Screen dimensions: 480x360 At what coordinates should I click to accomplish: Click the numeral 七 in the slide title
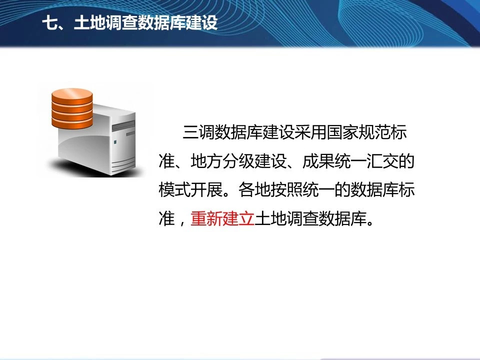click(x=49, y=23)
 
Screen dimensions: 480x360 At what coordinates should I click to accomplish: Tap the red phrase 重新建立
click(x=222, y=218)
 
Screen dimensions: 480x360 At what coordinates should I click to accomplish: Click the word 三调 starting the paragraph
click(x=198, y=132)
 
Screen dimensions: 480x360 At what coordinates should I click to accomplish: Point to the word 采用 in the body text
click(x=310, y=132)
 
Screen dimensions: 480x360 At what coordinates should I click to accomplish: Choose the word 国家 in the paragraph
click(x=342, y=132)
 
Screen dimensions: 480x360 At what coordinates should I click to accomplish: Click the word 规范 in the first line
click(x=374, y=132)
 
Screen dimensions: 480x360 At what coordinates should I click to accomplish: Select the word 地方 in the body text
click(x=206, y=161)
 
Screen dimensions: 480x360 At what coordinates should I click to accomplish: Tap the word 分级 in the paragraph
click(x=238, y=161)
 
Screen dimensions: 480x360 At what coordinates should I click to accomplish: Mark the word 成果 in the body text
click(x=318, y=161)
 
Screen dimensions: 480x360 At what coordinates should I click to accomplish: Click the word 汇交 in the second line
click(x=382, y=161)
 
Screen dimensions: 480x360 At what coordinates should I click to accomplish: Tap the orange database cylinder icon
click(x=72, y=108)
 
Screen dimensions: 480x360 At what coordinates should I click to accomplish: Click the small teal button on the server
click(x=115, y=142)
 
